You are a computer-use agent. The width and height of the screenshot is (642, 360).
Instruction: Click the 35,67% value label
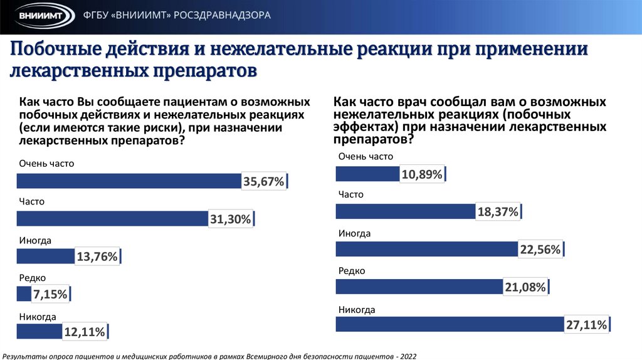(264, 181)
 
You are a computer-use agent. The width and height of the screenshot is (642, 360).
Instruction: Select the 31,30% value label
(230, 219)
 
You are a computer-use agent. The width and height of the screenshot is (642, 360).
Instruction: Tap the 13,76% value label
(97, 257)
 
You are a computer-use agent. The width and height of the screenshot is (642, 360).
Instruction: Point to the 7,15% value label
(50, 294)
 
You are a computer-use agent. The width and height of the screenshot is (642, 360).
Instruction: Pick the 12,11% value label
(84, 332)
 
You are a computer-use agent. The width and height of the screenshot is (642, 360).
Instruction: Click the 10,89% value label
(423, 174)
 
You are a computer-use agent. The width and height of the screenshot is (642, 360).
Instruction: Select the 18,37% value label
(498, 212)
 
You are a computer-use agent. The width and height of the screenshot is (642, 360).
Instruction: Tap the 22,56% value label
(539, 250)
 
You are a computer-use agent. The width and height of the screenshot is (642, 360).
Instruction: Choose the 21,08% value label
(524, 287)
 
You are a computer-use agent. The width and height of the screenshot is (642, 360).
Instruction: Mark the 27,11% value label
(586, 325)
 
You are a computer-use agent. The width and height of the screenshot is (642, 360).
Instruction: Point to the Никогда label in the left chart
(38, 317)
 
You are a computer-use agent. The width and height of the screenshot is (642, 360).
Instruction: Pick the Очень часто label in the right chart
(366, 157)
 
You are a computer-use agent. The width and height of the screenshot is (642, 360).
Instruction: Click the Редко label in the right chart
(352, 270)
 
